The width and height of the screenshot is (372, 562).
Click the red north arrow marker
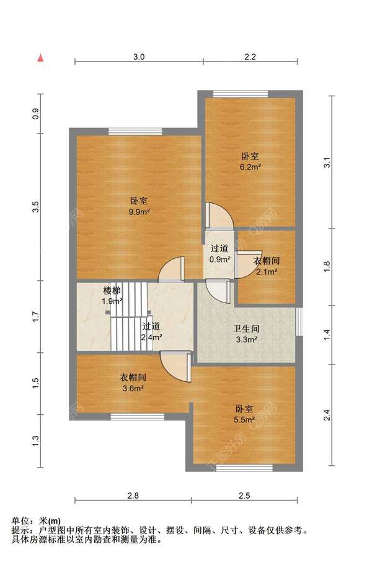[41, 57]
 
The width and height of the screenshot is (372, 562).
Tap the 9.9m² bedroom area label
[139, 212]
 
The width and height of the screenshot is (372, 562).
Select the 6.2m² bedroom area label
[250, 166]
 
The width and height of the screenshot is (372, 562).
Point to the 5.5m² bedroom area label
[244, 420]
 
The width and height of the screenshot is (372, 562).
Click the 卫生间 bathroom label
[246, 329]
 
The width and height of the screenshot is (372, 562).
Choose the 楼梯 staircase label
[112, 291]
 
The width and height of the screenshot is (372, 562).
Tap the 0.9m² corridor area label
[219, 259]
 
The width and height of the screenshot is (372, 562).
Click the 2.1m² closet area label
[267, 272]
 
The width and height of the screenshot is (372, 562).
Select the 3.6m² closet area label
[133, 388]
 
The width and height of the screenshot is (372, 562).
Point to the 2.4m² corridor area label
[152, 337]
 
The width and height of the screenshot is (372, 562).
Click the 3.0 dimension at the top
[139, 57]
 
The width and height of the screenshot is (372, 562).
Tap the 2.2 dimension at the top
[250, 57]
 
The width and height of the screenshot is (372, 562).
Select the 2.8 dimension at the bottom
[133, 496]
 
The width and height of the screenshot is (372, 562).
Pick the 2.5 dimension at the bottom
[244, 496]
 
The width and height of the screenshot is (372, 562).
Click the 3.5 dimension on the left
[35, 207]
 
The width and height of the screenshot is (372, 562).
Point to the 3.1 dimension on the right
[327, 162]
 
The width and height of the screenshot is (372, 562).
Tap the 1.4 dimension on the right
[327, 335]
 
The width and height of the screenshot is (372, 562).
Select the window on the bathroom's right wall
[299, 321]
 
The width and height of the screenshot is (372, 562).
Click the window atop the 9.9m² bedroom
[135, 132]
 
